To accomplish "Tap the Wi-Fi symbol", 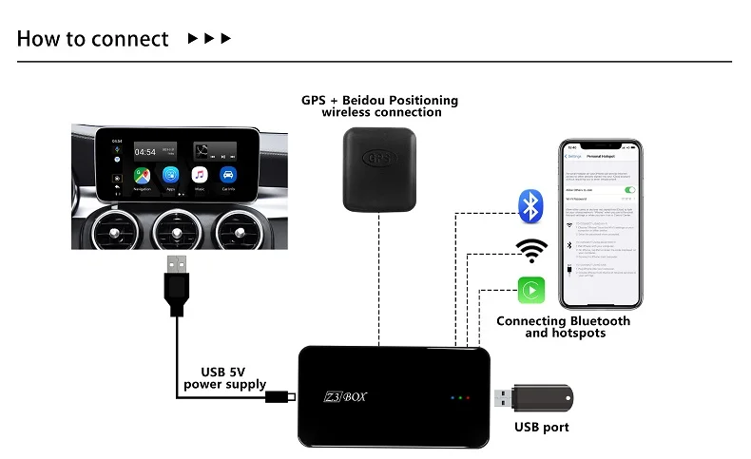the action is [531, 250].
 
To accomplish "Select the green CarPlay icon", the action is [531, 290].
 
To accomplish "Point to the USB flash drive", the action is [535, 397].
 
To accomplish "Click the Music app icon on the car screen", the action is [200, 176].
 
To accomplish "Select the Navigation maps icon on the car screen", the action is [141, 176].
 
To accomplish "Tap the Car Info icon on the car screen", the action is [228, 176].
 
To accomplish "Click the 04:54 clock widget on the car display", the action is [144, 151].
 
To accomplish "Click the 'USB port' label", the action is [541, 428].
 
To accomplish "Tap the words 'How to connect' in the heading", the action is [92, 39].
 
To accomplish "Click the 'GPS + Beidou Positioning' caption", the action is [379, 100].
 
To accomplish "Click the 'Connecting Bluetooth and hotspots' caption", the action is [564, 327].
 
